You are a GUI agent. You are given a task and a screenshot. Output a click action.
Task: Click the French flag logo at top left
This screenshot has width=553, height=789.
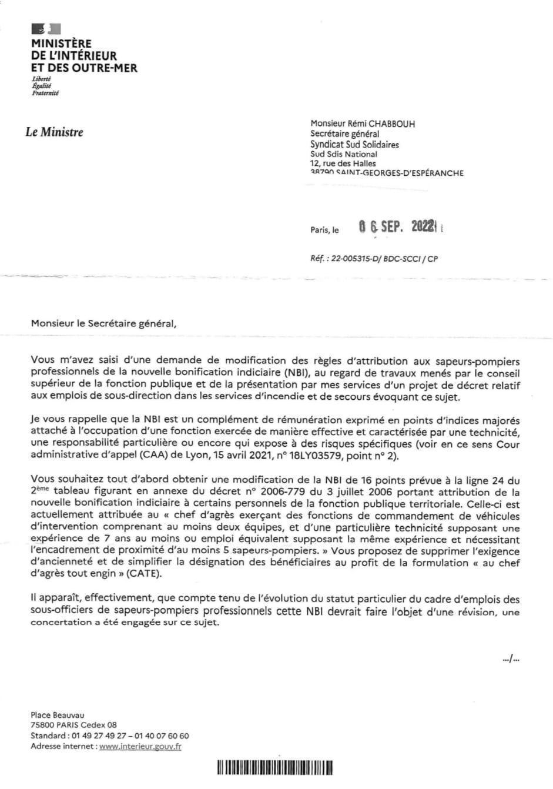coord(46,28)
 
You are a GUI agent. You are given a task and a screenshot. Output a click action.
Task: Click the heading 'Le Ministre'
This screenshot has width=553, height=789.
coord(54,132)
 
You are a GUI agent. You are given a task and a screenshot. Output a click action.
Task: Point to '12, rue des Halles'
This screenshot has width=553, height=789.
coord(343,163)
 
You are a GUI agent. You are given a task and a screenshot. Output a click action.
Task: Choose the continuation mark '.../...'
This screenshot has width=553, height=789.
coord(511,659)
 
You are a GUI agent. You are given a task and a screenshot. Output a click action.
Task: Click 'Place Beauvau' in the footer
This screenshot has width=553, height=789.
coord(58,715)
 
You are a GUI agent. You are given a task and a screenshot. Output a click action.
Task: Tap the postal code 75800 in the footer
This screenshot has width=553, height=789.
coord(42,726)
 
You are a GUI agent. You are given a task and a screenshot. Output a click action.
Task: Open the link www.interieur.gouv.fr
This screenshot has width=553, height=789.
coord(140,746)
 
